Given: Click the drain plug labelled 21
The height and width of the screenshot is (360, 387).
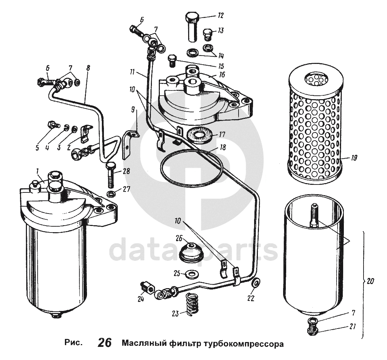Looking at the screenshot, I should point(312,328).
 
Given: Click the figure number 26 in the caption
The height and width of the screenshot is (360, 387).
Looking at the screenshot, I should point(104,342).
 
